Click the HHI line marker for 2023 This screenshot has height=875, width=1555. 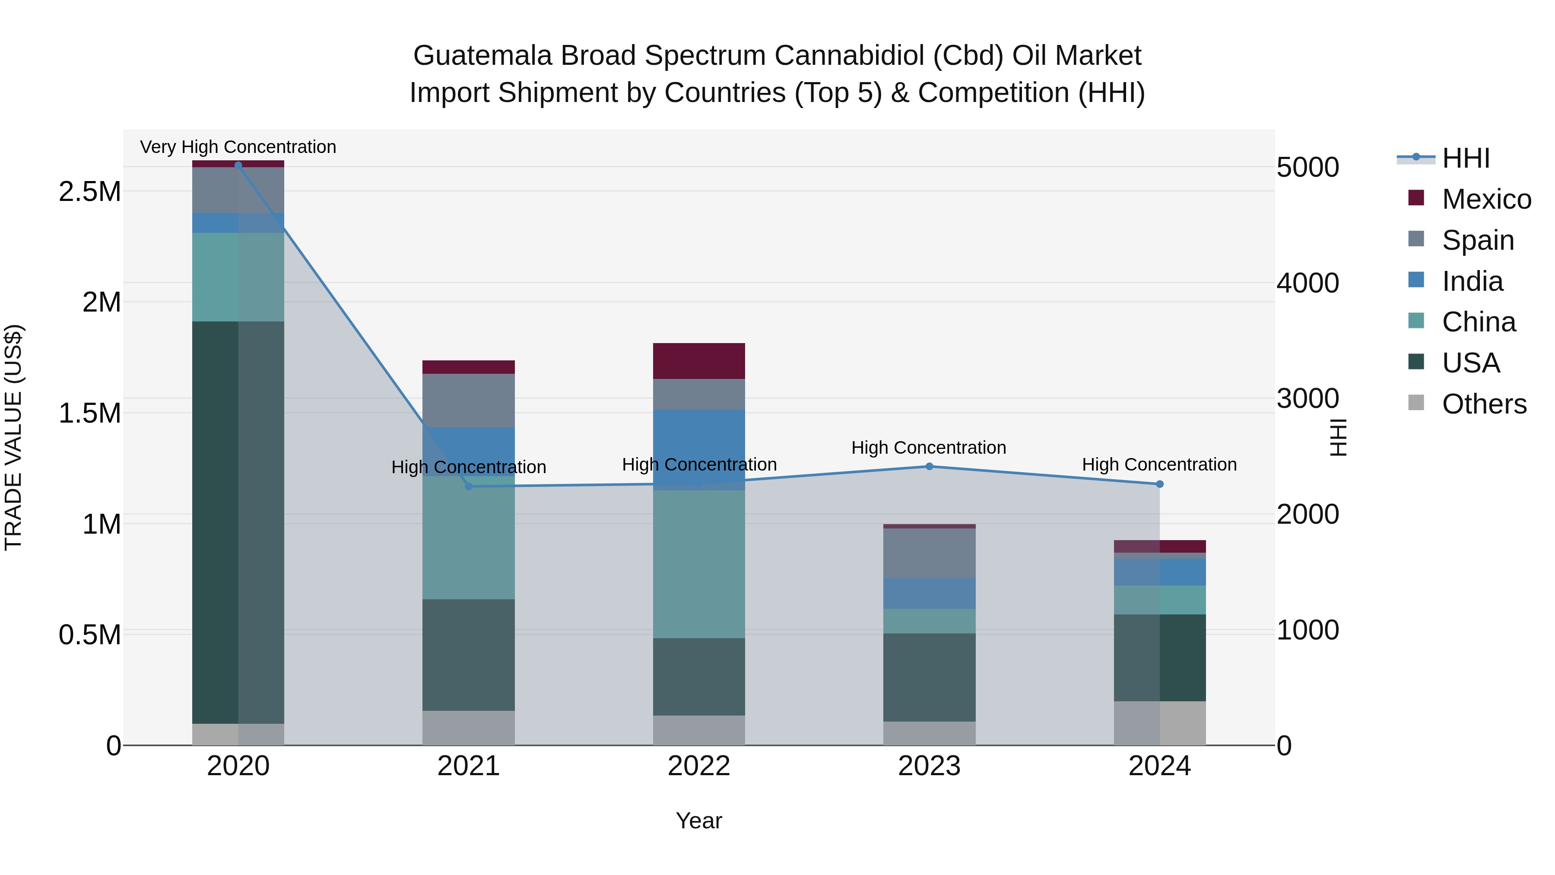(x=929, y=466)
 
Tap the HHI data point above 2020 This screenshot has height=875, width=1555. (x=238, y=165)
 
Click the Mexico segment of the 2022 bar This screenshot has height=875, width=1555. (x=699, y=361)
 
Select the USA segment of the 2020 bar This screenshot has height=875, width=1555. (x=238, y=522)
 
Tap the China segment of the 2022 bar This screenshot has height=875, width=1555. (x=699, y=564)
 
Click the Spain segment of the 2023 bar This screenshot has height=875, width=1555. (x=929, y=553)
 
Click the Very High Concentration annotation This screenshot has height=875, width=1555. (x=238, y=147)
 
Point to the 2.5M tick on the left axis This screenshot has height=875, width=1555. (x=89, y=191)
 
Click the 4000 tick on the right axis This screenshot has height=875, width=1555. (x=1307, y=283)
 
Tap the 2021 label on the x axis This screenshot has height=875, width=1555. (x=468, y=766)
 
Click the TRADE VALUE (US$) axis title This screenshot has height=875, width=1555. (x=13, y=437)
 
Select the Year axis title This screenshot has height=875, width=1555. (x=698, y=821)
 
